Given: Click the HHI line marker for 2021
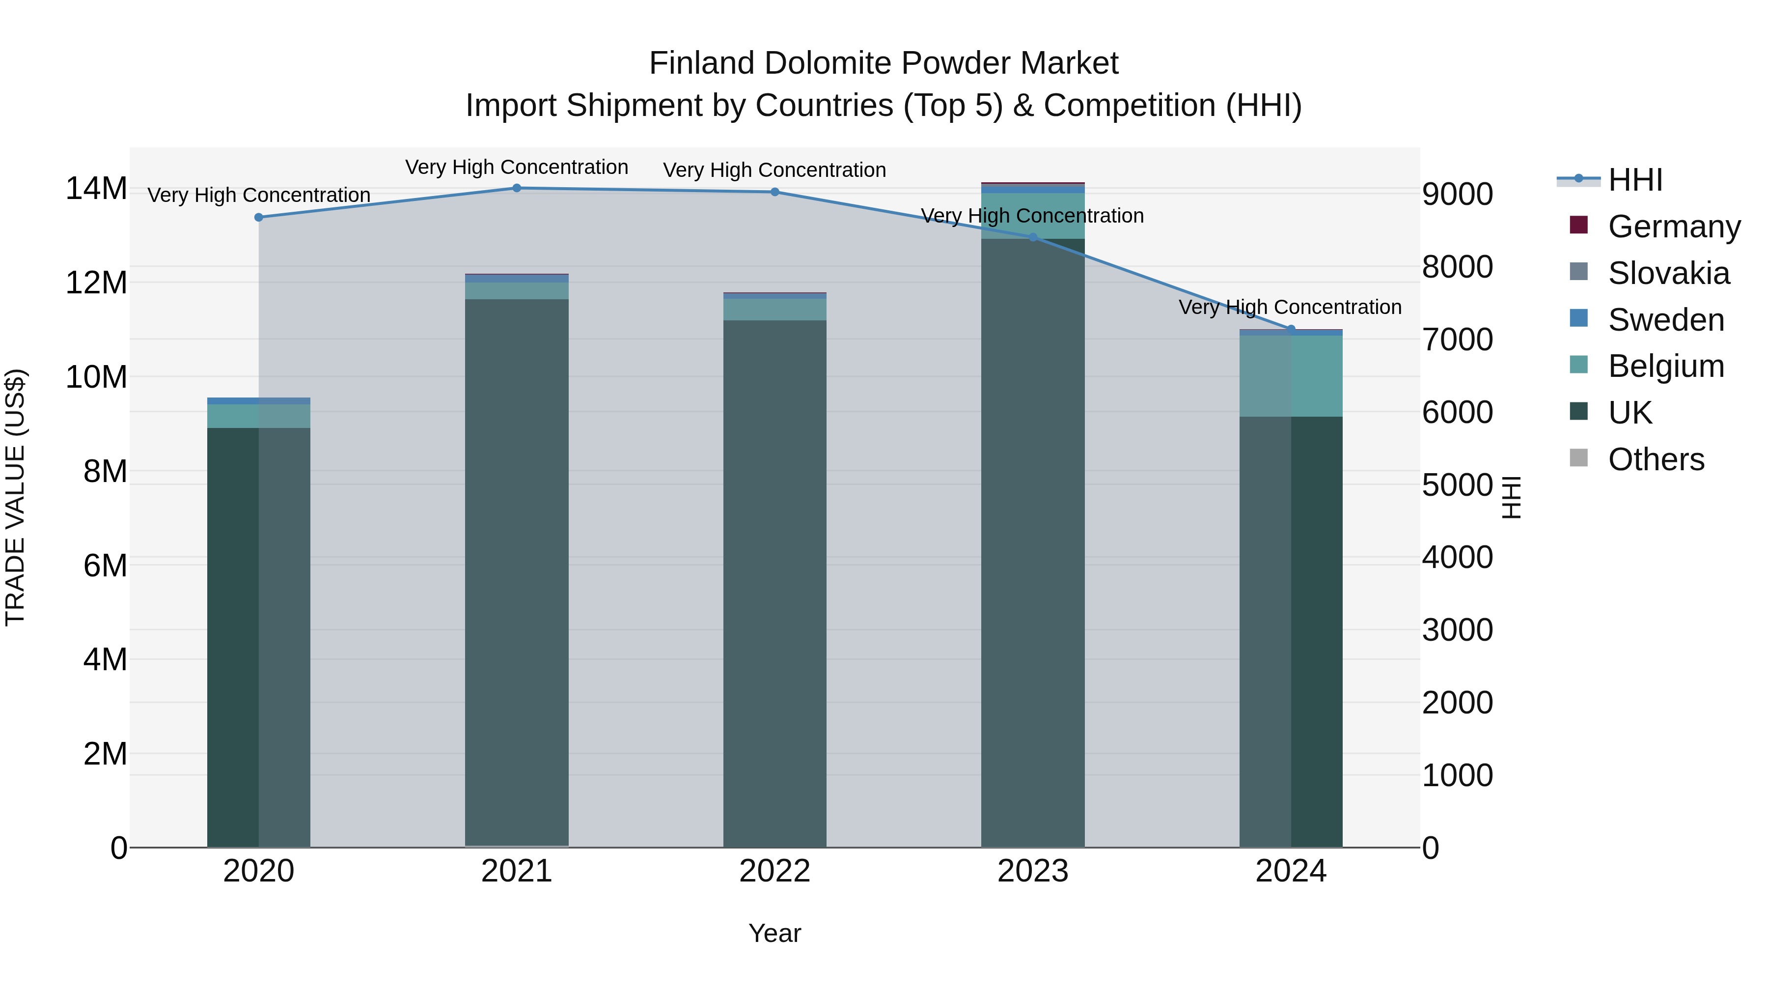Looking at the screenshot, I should (x=517, y=188).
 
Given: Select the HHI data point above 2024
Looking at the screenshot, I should (x=1290, y=330).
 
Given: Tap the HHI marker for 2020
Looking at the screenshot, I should (x=259, y=218).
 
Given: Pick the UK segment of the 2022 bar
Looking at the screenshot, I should (x=775, y=584).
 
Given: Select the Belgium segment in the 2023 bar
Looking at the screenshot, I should (x=1032, y=216).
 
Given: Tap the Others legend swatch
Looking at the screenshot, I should (x=1578, y=458).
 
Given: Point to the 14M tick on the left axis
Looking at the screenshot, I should (x=96, y=189).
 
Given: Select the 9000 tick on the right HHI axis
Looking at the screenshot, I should (x=1457, y=194).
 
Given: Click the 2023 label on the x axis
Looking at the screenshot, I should (x=1032, y=871).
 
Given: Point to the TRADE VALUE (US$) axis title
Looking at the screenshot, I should (x=15, y=497).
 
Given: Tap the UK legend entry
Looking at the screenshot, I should (x=1630, y=413).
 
